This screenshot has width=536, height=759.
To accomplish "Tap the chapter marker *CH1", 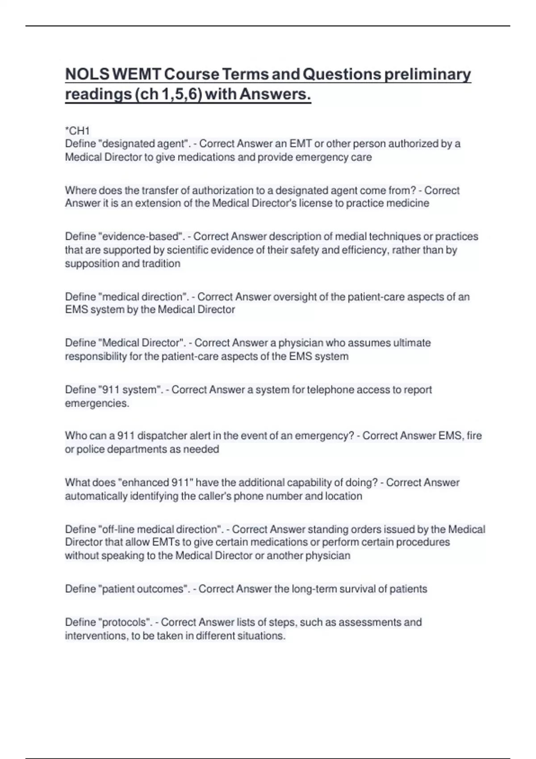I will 77,131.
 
